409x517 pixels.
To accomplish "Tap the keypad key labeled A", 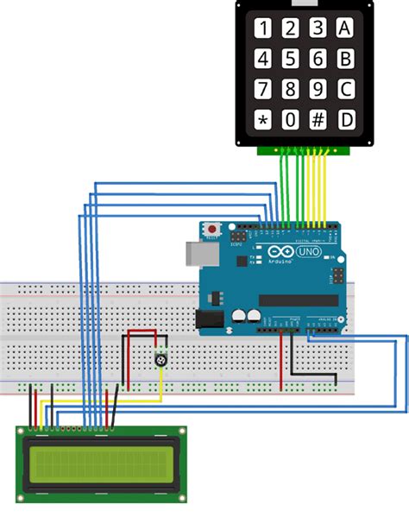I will click(346, 28).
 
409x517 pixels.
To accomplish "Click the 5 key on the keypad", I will click(291, 59).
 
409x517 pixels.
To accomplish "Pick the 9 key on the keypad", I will click(318, 89).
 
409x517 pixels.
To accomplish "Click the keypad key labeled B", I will click(346, 59).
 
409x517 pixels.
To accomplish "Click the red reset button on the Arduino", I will click(211, 230).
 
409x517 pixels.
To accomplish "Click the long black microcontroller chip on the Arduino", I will click(298, 300).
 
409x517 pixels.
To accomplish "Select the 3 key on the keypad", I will click(318, 28).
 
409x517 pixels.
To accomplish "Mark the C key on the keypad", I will click(346, 89).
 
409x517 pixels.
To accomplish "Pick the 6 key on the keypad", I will click(318, 59).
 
